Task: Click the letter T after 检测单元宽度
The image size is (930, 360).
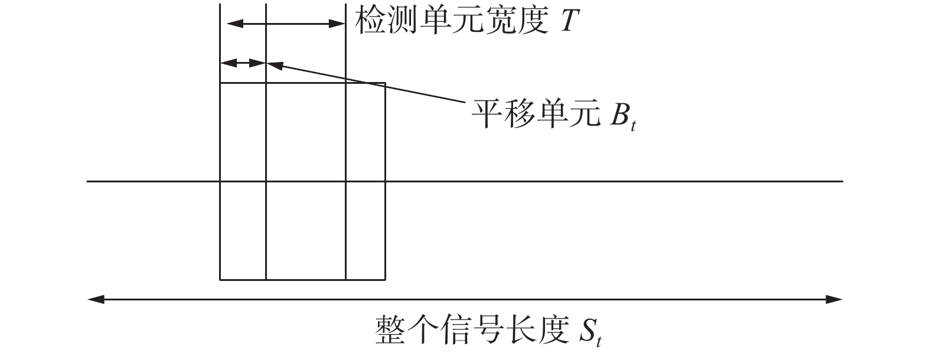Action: click(x=566, y=22)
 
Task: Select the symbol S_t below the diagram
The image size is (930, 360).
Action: click(x=590, y=332)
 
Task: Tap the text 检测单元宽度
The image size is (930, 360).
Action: click(x=451, y=22)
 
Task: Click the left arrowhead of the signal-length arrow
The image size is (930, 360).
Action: click(x=94, y=300)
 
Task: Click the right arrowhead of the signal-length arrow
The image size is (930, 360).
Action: click(x=836, y=300)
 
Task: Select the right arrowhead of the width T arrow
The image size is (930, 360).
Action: click(x=338, y=24)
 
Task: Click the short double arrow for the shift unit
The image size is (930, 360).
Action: click(x=243, y=63)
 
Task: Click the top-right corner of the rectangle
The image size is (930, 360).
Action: click(x=385, y=83)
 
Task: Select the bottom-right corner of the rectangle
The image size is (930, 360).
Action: click(x=385, y=279)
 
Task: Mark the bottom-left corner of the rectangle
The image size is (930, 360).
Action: click(x=220, y=279)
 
